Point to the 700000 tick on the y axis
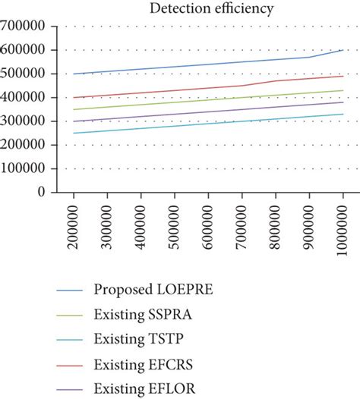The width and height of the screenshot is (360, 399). (x=30, y=27)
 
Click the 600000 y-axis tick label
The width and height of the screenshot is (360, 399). (x=30, y=50)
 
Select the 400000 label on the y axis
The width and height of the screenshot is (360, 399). (x=30, y=98)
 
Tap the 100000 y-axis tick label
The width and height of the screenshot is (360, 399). (x=30, y=169)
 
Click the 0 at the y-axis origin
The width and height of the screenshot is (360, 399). (x=52, y=193)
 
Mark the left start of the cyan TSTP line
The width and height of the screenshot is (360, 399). (x=74, y=133)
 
